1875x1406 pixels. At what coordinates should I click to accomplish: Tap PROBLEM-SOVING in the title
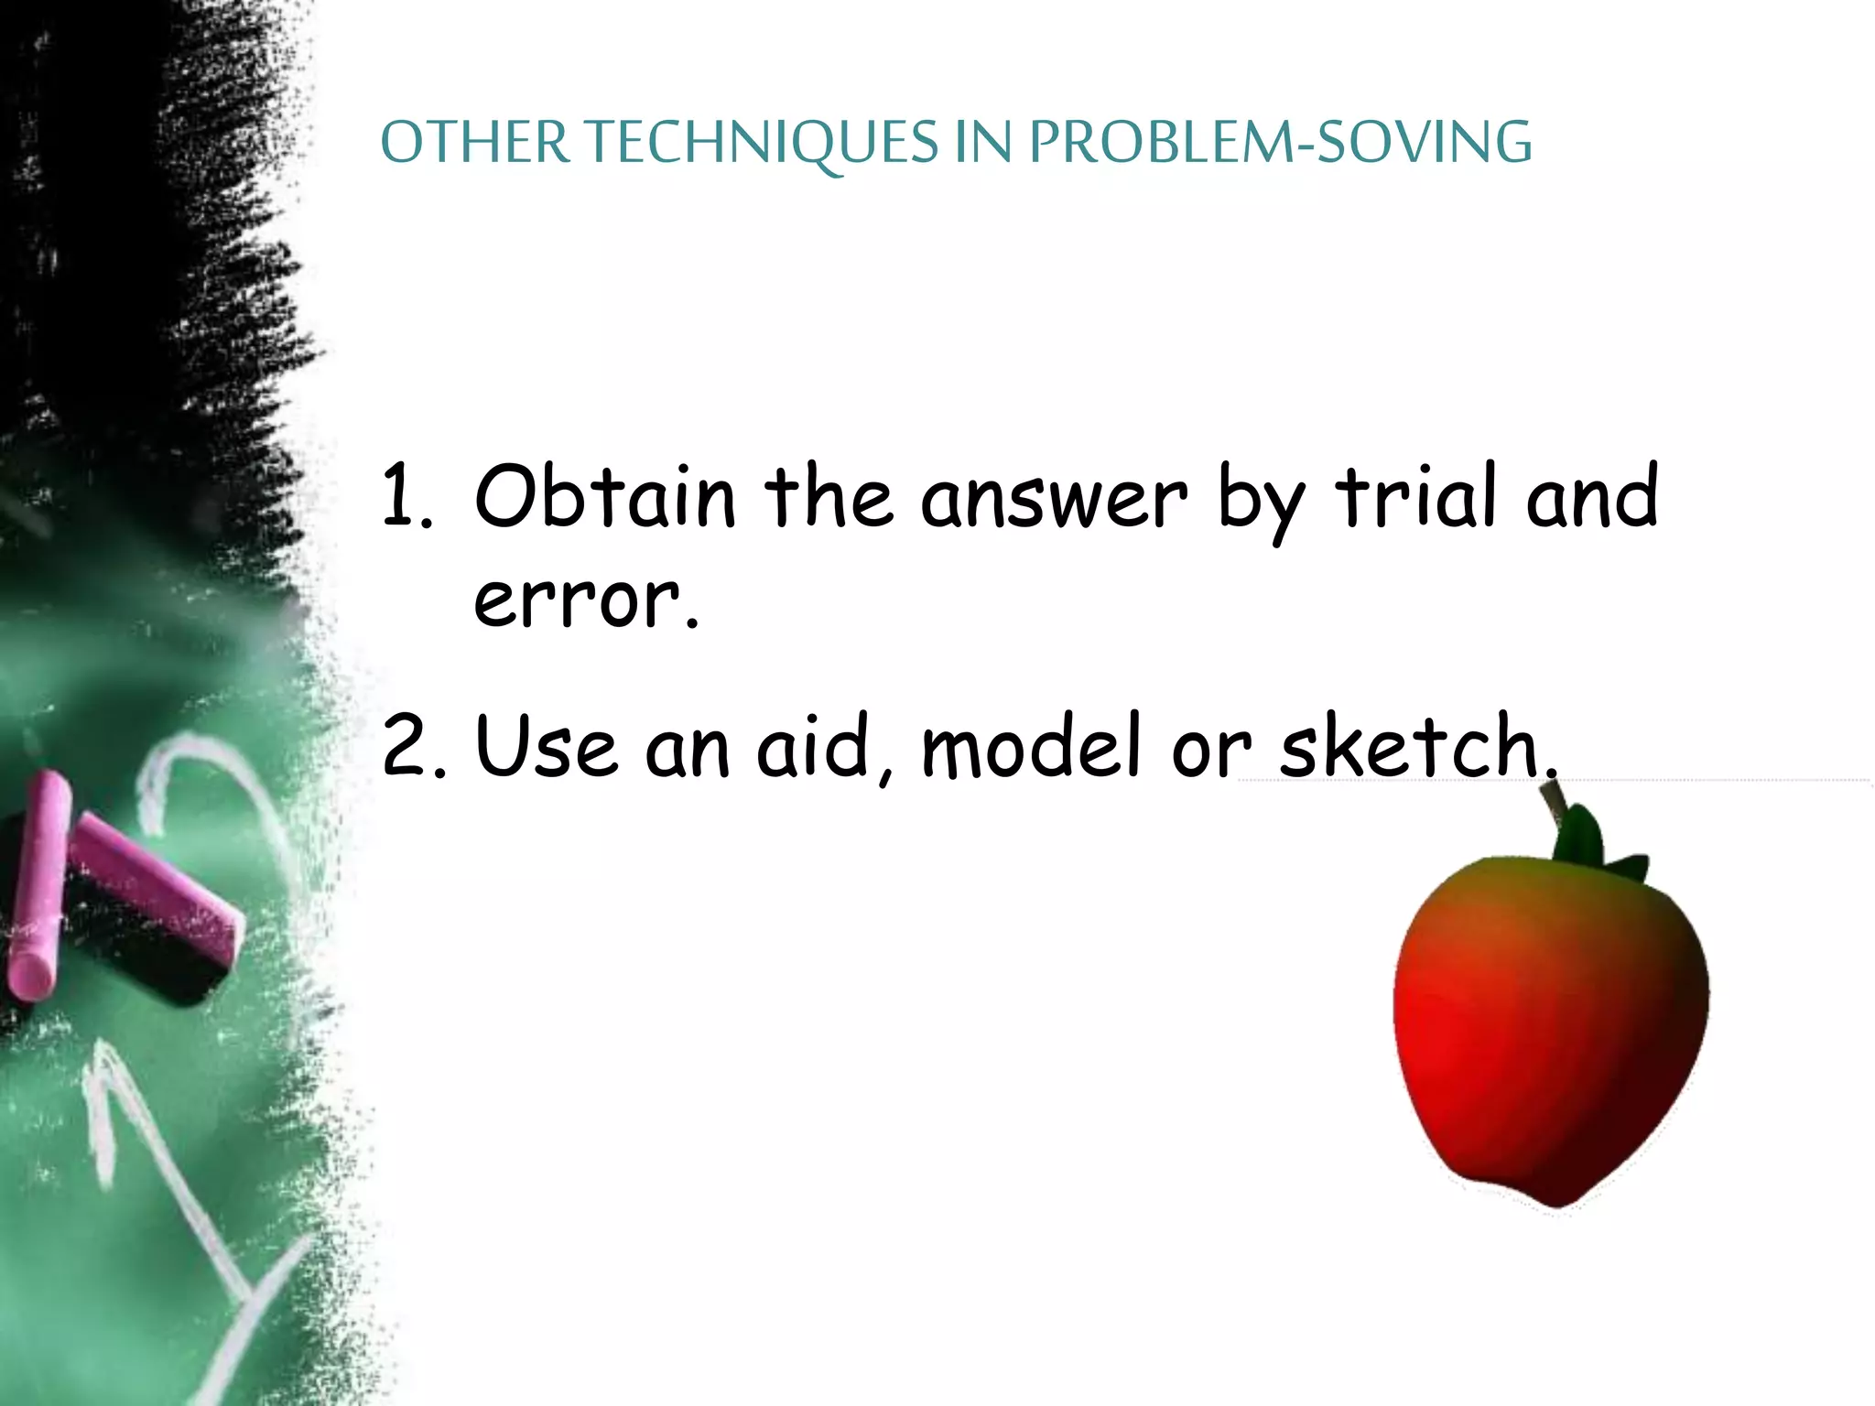[1280, 144]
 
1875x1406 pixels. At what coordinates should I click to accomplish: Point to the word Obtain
[604, 496]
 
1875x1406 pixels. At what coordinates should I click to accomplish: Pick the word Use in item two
[546, 746]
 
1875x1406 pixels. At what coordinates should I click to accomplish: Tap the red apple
[1547, 1034]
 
